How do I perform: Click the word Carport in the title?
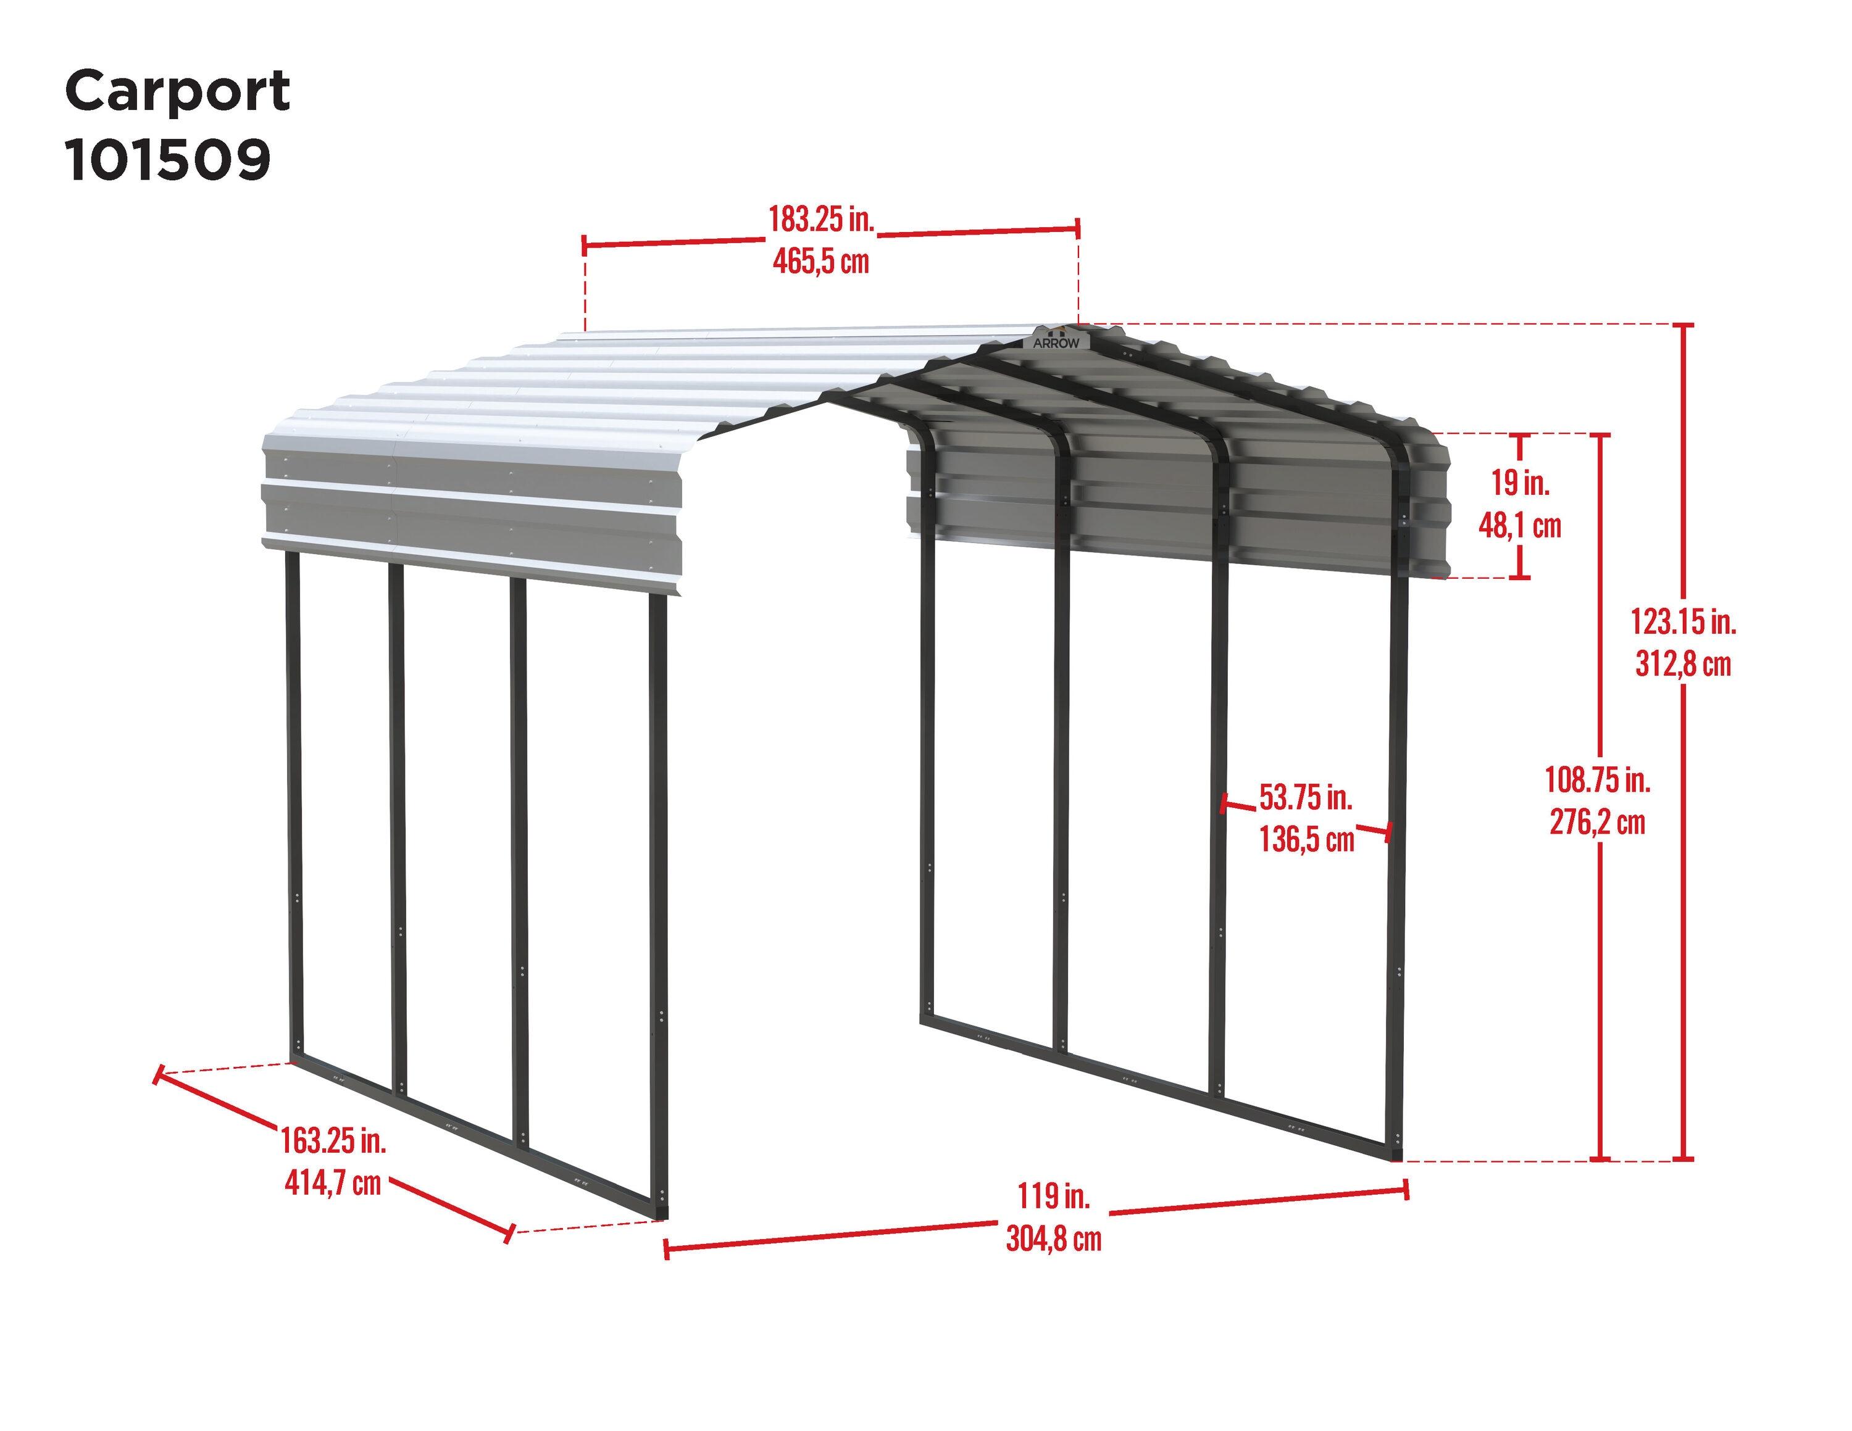177,91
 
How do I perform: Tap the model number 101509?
168,159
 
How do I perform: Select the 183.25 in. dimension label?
820,220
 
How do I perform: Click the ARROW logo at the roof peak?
1056,342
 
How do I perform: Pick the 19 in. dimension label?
1520,483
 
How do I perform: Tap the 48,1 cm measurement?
1520,526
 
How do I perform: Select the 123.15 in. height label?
1682,622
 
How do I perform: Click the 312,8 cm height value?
1682,664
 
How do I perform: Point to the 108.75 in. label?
1598,779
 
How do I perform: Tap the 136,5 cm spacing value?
1306,839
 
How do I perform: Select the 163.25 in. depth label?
333,1140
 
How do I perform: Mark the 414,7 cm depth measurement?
332,1182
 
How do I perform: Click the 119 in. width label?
1054,1196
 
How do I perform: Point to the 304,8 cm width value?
1053,1240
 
